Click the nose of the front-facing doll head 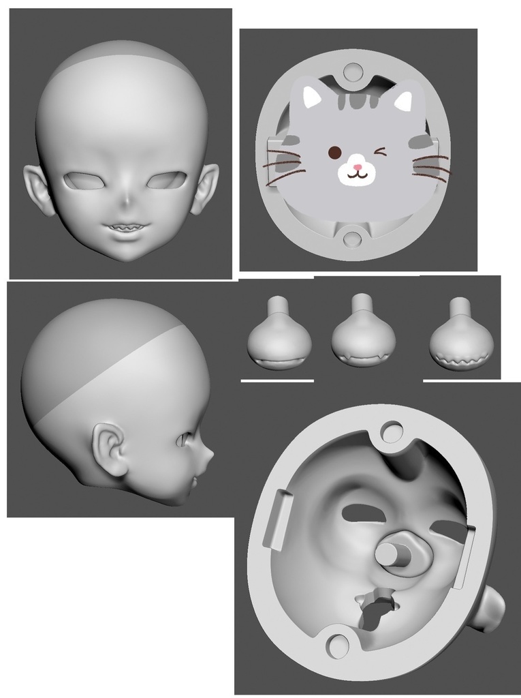point(127,202)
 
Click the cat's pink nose point(357,166)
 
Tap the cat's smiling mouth point(357,175)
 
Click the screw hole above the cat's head point(353,72)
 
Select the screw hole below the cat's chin point(352,238)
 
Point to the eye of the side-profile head point(183,440)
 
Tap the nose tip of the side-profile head point(210,453)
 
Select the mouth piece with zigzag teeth point(461,346)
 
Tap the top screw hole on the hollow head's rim point(392,431)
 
